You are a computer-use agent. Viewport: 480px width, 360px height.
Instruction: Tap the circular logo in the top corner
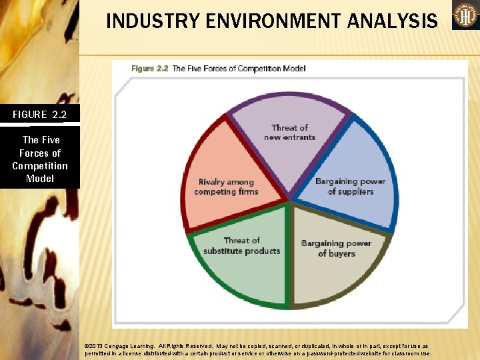465,15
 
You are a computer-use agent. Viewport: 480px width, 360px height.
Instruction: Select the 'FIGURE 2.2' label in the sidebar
39,115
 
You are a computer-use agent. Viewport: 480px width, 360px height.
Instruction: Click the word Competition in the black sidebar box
40,166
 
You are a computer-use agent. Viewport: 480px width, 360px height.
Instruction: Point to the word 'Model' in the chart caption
293,69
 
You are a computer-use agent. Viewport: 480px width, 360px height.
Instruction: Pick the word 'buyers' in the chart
343,254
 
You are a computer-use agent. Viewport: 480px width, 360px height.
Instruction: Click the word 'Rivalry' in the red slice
211,182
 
